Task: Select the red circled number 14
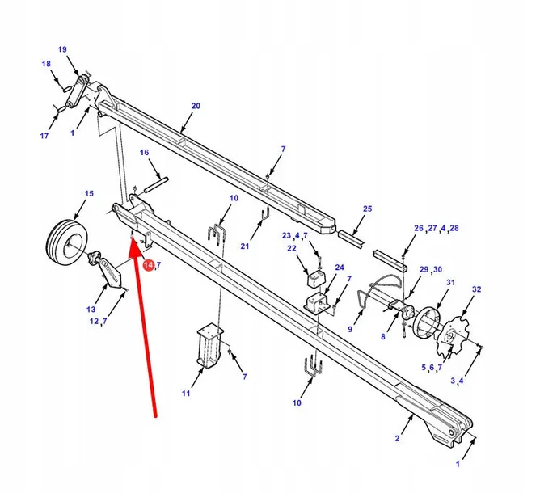tap(149, 265)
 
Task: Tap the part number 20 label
tap(196, 106)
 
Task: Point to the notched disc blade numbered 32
tap(453, 337)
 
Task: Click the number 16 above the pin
tap(145, 153)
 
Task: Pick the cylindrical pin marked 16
tap(156, 184)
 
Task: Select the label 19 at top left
tap(62, 49)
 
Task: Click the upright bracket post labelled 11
tap(209, 346)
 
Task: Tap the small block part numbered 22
tap(316, 278)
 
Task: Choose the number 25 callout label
tap(368, 209)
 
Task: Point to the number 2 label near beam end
tap(398, 438)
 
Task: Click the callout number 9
tap(350, 329)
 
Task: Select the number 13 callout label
tap(91, 310)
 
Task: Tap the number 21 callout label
tap(244, 247)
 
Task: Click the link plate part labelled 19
tap(77, 91)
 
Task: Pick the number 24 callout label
tap(340, 268)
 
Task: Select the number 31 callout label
tap(450, 283)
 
